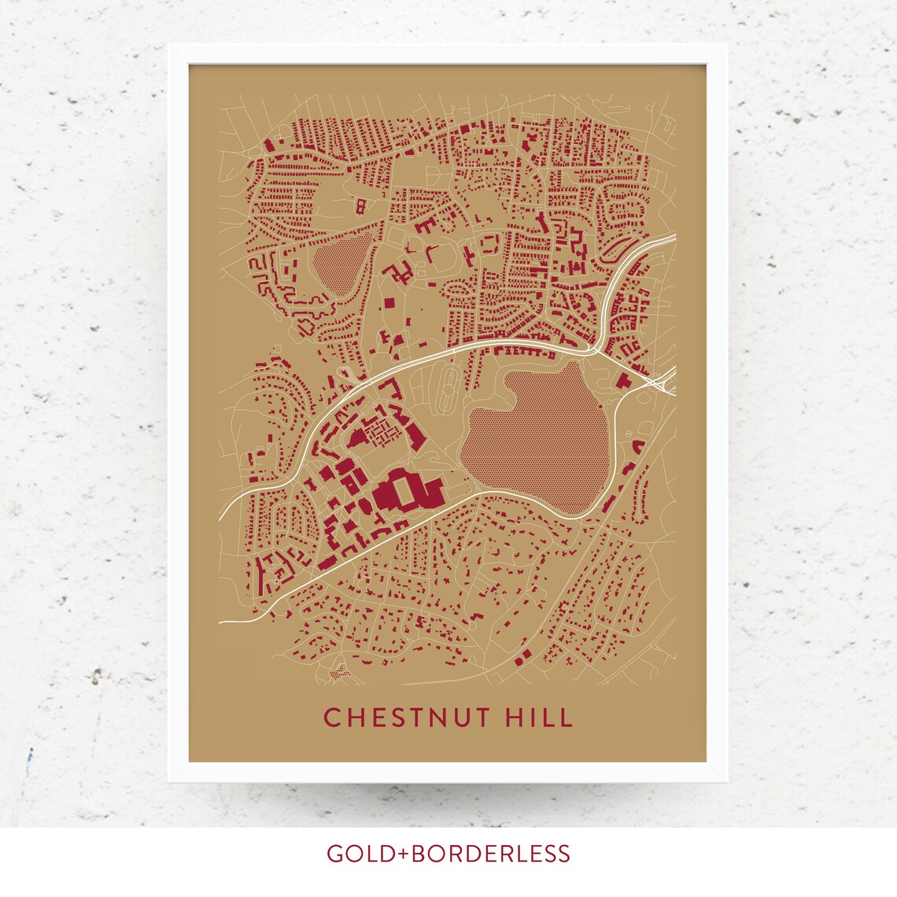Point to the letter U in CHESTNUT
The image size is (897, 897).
pyautogui.click(x=464, y=718)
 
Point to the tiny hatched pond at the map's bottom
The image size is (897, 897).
pyautogui.click(x=338, y=673)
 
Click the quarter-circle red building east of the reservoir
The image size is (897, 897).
pyautogui.click(x=637, y=447)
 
